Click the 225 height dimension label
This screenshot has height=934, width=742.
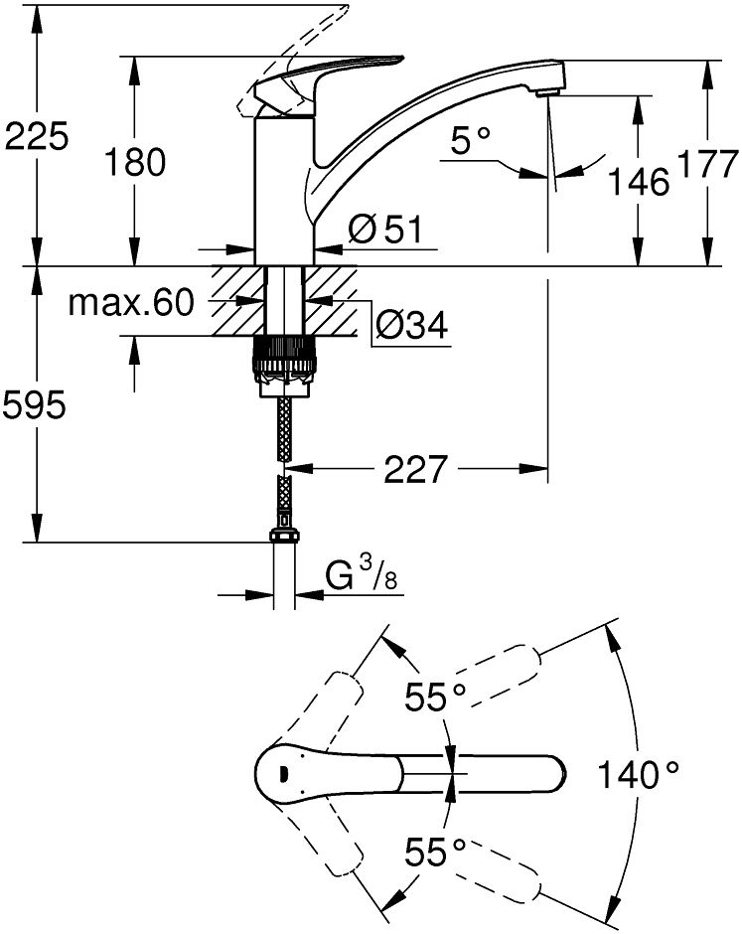coord(37,137)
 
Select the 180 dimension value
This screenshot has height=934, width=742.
coord(135,162)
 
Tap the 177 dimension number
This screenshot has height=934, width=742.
coord(707,164)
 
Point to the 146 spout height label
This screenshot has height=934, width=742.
coord(639,181)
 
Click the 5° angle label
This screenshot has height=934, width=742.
coord(471,141)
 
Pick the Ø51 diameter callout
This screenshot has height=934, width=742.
coord(385,230)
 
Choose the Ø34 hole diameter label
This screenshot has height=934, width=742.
coord(411,325)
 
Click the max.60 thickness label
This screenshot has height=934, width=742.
coord(131,303)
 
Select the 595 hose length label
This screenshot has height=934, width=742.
coord(34,406)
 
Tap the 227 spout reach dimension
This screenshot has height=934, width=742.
coord(414,469)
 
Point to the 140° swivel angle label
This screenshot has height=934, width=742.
coord(638,774)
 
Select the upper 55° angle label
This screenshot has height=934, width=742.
coord(435,697)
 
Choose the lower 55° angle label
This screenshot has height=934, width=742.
coord(435,852)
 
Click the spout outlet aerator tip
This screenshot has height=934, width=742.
coord(546,93)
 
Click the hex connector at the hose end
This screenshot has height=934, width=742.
coord(285,535)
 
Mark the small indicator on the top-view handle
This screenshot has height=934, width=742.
coord(283,774)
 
